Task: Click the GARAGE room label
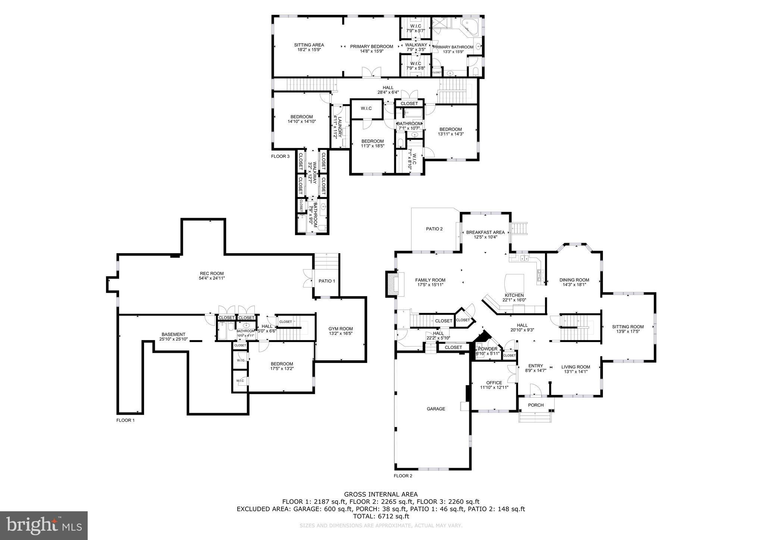436,409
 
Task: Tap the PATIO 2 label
434,229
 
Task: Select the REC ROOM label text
212,273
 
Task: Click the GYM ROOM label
340,329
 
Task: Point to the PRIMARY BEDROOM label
371,47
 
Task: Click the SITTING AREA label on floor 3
309,45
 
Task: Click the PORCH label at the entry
536,405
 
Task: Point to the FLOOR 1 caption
125,420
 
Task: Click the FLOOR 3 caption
280,156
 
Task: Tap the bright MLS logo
44,525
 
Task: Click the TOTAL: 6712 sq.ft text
381,517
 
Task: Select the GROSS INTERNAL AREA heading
381,495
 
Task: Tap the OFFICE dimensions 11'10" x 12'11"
494,387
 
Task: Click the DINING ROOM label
574,280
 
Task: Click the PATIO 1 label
326,281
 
